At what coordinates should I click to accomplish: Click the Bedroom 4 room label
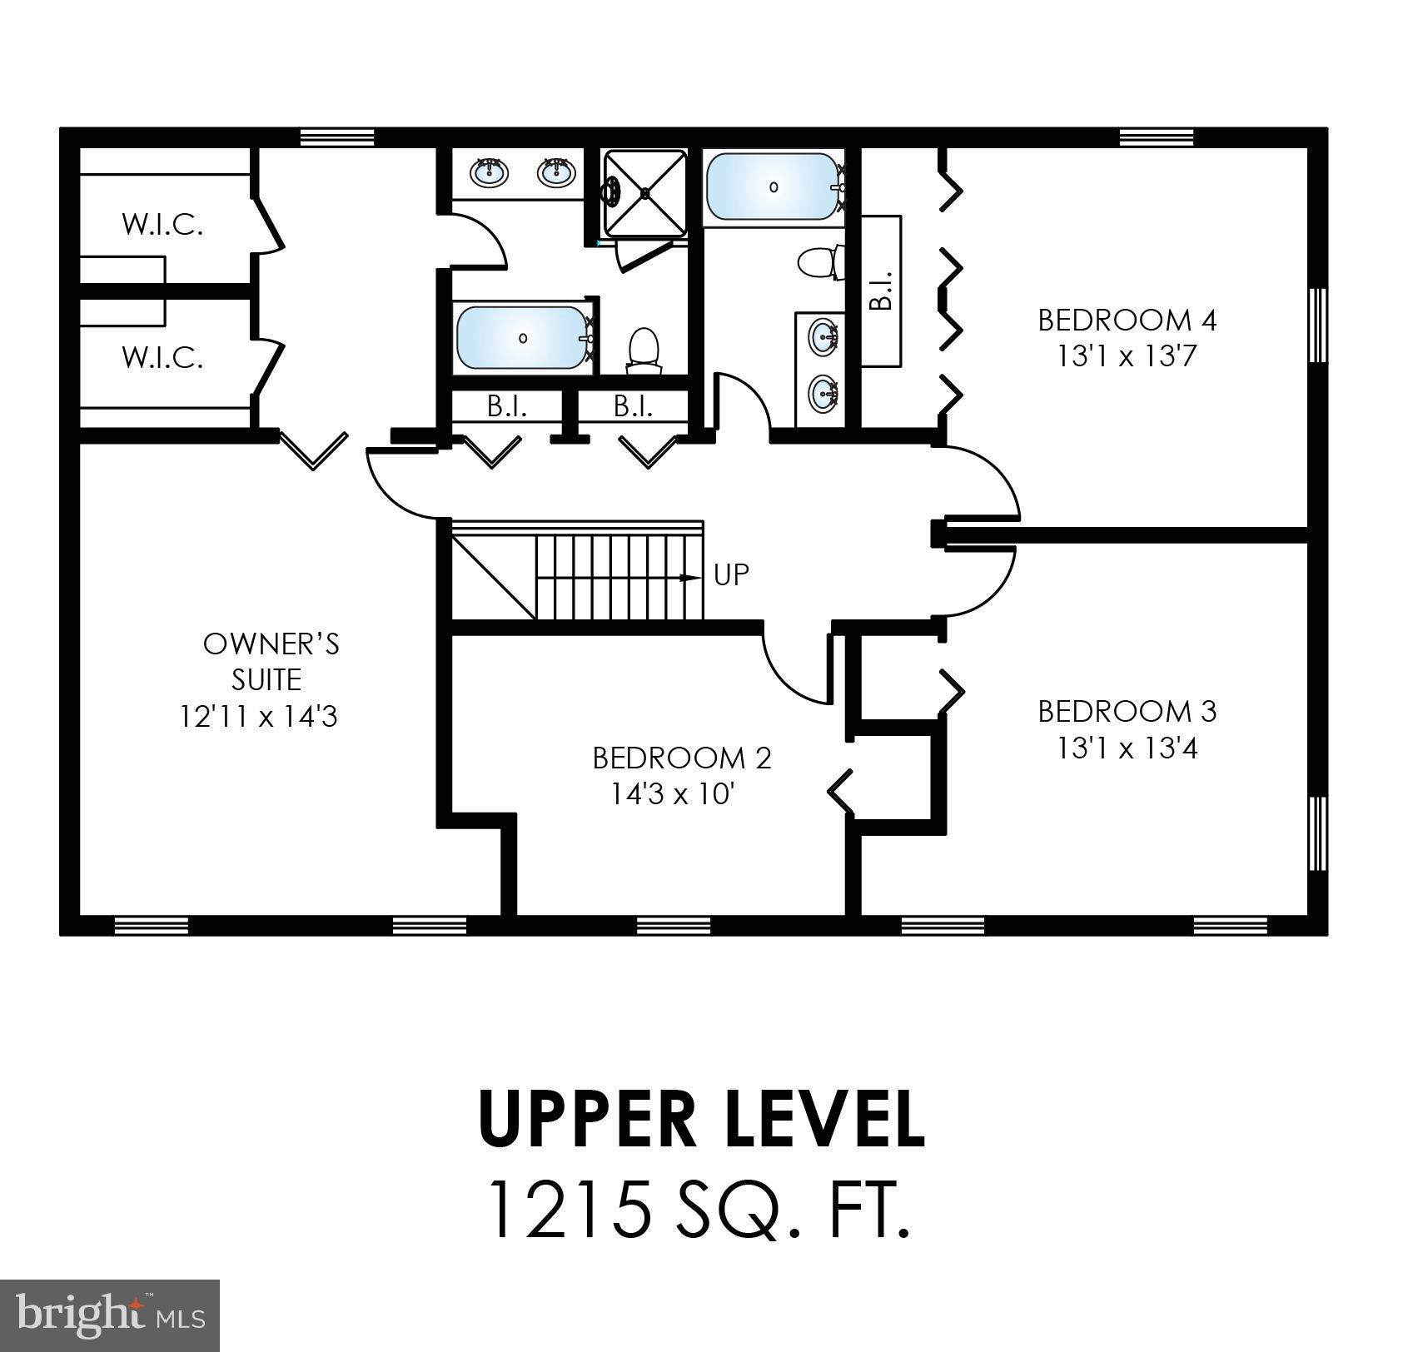point(1127,320)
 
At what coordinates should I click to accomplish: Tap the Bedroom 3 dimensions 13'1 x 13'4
point(1127,748)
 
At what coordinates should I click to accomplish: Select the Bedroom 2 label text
point(682,758)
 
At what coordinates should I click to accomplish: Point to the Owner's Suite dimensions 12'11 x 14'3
point(259,716)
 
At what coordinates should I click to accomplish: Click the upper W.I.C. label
point(162,224)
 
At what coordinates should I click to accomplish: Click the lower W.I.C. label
point(162,357)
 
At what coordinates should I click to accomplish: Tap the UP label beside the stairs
point(731,574)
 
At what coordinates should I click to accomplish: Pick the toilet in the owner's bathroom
point(643,349)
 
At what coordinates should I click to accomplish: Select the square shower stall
point(645,192)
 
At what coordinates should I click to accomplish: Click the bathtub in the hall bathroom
point(774,187)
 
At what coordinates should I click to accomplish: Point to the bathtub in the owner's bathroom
point(523,338)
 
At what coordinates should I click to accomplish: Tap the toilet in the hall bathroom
point(820,262)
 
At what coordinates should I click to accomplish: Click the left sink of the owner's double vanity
point(490,172)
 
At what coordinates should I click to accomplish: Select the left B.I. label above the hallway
point(506,406)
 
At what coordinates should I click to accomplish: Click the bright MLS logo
point(112,1315)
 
